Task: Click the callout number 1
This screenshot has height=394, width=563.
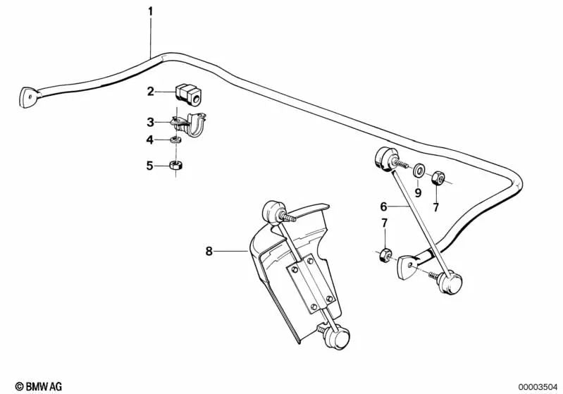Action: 150,11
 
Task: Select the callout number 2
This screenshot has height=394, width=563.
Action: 150,91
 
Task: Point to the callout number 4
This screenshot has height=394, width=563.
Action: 150,140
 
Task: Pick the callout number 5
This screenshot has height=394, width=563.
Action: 150,166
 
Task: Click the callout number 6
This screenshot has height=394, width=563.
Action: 384,207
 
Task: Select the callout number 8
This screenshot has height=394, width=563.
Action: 209,250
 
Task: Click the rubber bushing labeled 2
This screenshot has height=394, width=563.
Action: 185,92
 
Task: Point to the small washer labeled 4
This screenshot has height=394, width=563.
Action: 177,140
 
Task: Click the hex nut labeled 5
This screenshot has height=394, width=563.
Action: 177,166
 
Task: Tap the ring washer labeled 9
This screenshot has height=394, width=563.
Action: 419,171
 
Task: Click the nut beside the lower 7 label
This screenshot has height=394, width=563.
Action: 385,254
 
